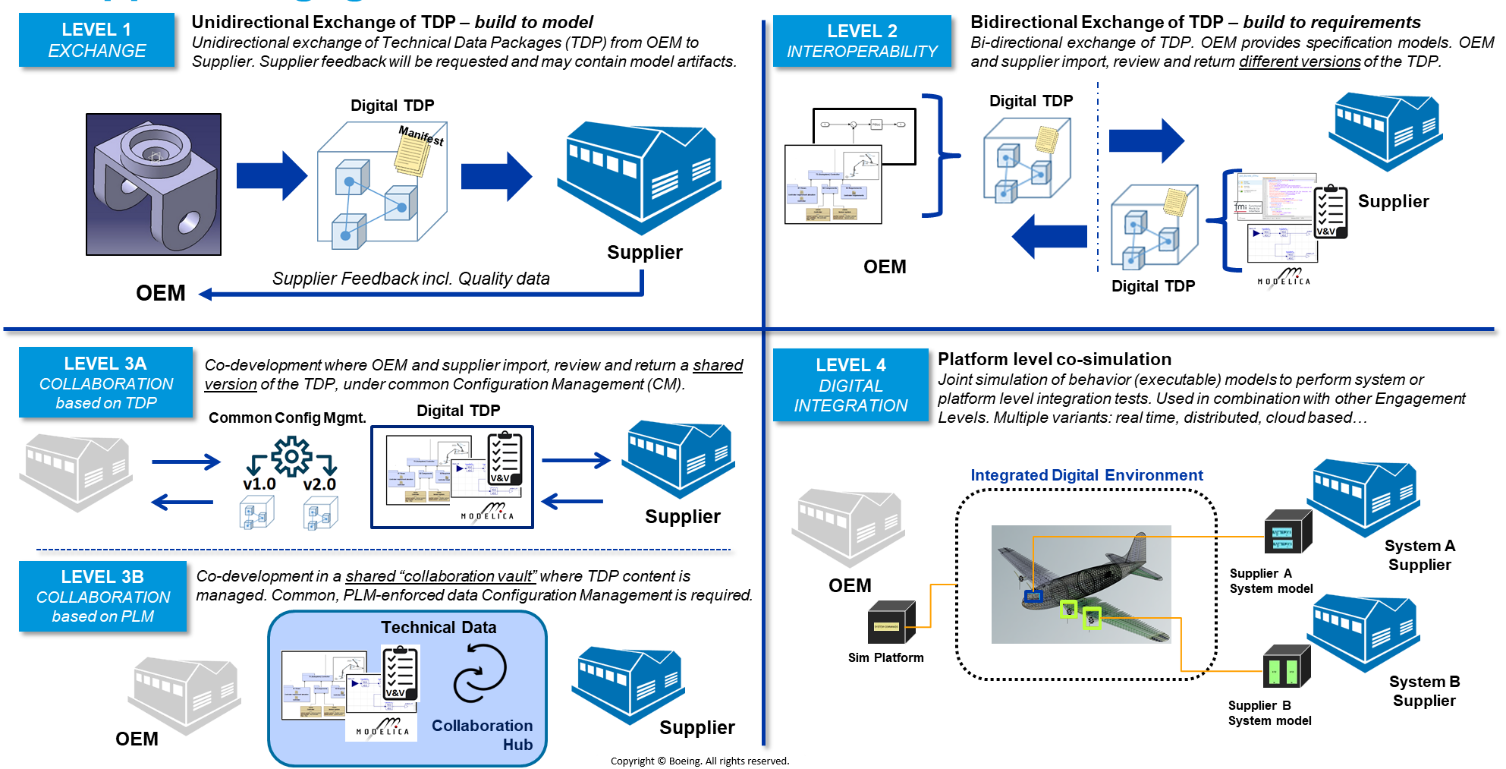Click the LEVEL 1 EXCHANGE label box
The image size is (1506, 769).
[96, 40]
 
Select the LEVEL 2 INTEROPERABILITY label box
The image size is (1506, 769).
[861, 41]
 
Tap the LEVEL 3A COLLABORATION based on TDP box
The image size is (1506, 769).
[105, 383]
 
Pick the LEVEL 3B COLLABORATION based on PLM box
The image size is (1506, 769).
[102, 596]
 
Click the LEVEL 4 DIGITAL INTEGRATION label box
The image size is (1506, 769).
[850, 385]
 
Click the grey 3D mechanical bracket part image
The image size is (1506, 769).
[153, 184]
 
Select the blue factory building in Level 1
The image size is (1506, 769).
[640, 178]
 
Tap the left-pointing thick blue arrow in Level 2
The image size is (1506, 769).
[1049, 236]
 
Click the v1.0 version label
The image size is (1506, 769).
[259, 484]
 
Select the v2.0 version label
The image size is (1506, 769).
[319, 484]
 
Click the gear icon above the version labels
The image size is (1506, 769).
[291, 455]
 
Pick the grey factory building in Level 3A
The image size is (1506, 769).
[76, 471]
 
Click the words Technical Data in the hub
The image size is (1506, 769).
[439, 628]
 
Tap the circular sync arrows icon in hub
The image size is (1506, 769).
[479, 673]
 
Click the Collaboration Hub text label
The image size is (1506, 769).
[483, 735]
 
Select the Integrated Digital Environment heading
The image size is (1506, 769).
[1086, 475]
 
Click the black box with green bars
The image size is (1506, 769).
[1286, 667]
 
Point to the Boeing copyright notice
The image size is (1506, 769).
[700, 761]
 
